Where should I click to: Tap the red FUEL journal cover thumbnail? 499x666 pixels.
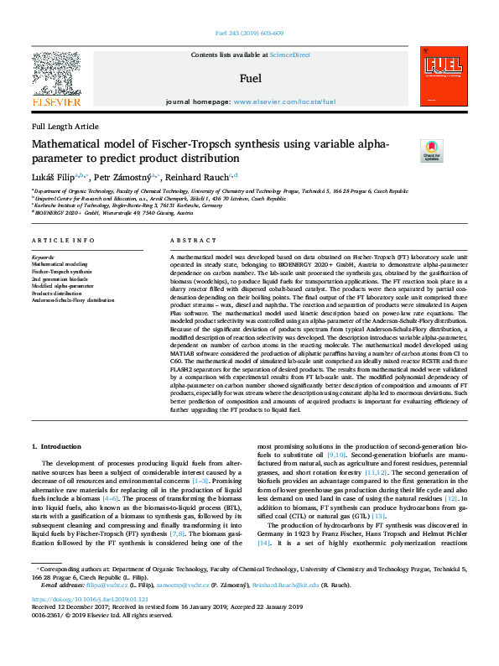[441, 81]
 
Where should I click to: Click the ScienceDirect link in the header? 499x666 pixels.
[289, 55]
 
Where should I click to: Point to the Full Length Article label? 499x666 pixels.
[65, 126]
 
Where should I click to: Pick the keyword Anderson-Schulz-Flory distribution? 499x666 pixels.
[73, 299]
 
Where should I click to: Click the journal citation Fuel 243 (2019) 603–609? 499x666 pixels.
[249, 34]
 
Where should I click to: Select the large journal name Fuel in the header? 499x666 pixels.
[250, 79]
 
